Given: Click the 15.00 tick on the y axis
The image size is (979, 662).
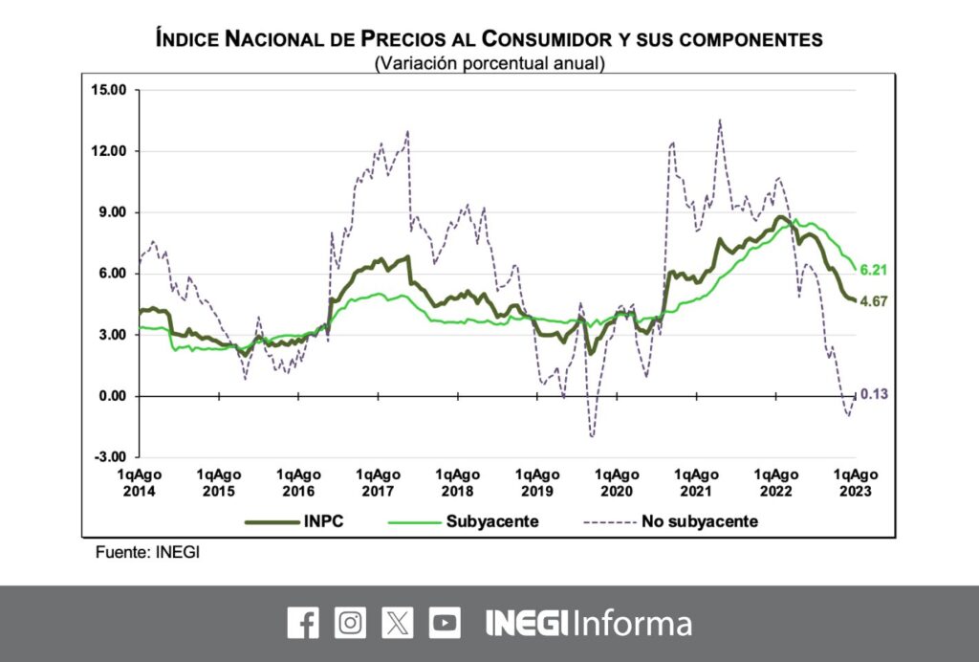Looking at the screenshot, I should (110, 90).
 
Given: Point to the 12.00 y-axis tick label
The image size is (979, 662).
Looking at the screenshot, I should (110, 151).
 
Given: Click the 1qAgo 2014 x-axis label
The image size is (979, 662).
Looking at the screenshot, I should (139, 482).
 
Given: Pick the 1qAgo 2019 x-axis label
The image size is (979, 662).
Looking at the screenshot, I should (537, 482).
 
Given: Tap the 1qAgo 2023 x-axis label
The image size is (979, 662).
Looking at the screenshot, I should (856, 482).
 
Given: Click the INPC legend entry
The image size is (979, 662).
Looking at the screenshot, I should (289, 521).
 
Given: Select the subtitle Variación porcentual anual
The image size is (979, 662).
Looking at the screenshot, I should (489, 64).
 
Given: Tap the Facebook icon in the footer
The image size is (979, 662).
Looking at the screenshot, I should (303, 623).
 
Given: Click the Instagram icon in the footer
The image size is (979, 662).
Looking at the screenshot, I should (350, 623).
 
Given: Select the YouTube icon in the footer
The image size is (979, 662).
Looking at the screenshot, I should (445, 623).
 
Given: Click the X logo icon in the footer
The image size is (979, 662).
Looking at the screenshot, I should (398, 623).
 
